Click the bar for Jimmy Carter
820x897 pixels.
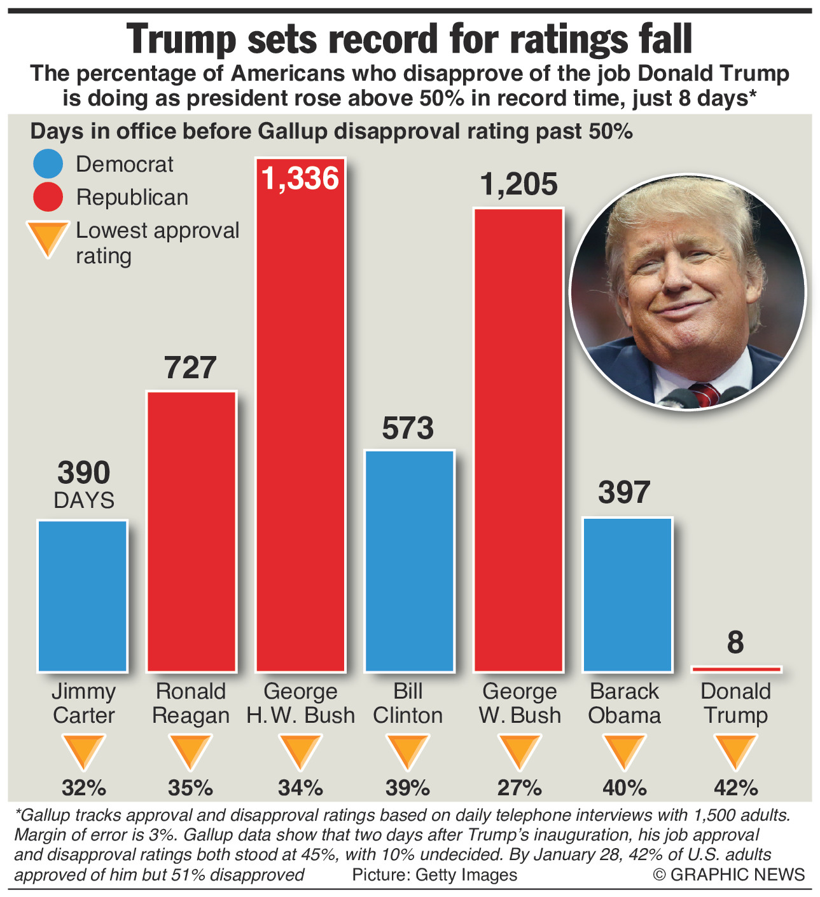point(83,596)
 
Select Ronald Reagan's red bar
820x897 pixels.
point(191,531)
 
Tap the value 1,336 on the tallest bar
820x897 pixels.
point(300,179)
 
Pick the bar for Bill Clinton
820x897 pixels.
point(409,561)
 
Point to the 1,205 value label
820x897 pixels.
point(518,184)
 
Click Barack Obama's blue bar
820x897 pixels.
point(627,594)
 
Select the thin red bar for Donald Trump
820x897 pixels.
point(736,669)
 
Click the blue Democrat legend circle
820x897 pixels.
point(48,164)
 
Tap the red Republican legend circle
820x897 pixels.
point(48,197)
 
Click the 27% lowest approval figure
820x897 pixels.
point(519,788)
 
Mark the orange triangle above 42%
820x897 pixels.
point(735,751)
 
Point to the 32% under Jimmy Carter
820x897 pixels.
point(83,788)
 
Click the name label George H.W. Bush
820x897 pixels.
point(300,703)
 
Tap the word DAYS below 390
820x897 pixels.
point(84,500)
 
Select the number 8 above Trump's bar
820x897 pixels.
point(735,643)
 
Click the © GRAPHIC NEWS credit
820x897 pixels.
point(729,875)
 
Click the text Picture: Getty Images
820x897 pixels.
point(434,875)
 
